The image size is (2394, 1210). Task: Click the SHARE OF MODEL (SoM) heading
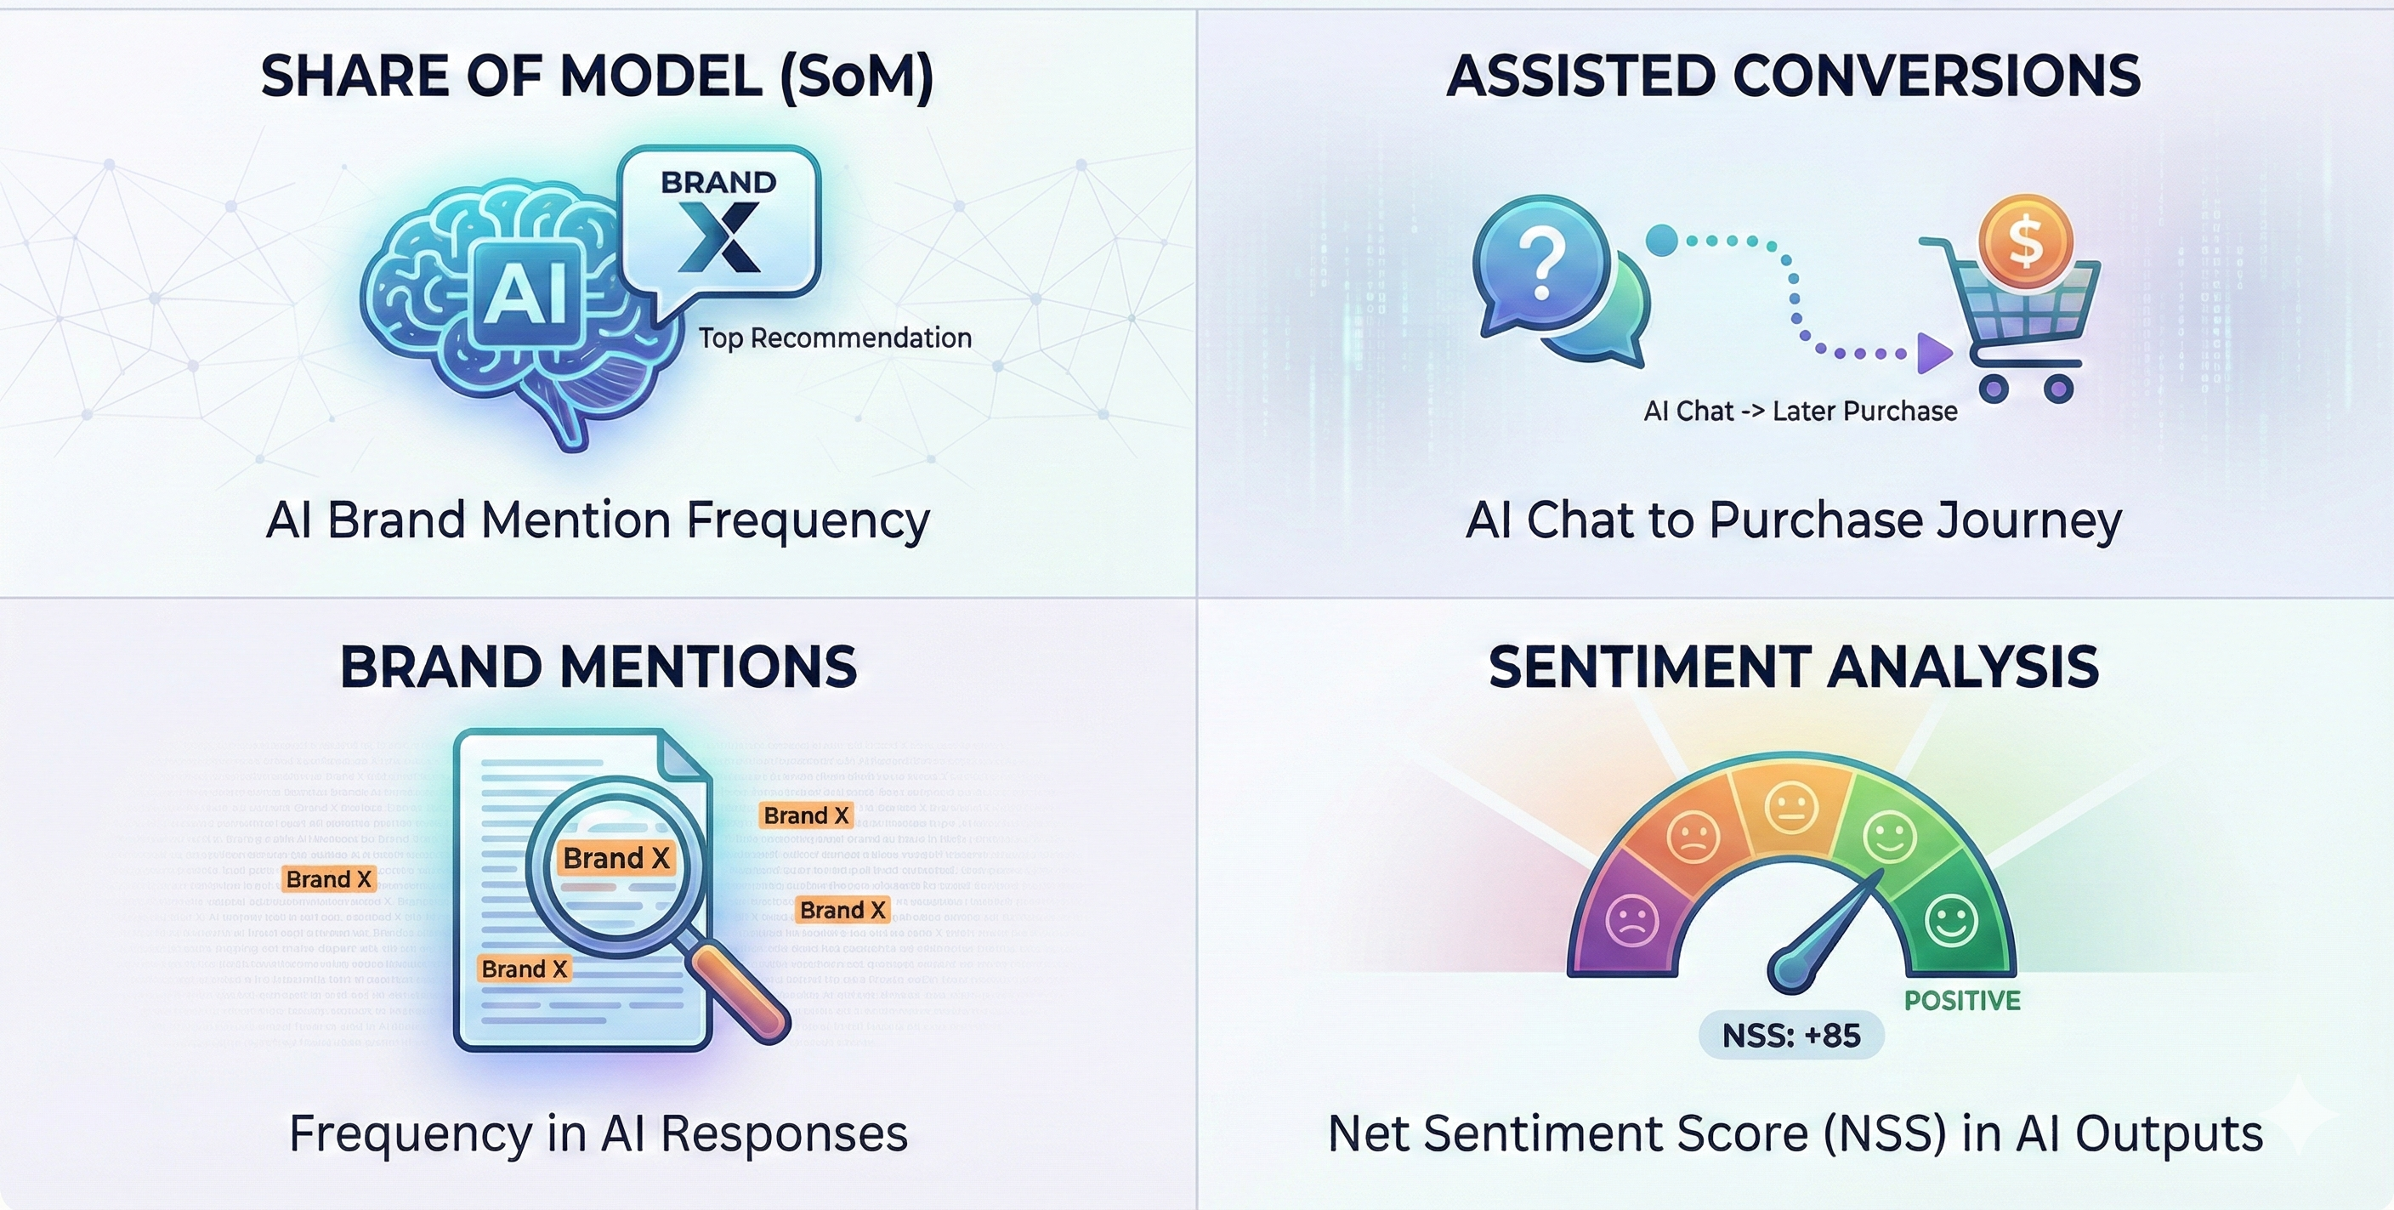point(597,77)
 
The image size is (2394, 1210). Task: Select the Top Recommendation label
point(835,338)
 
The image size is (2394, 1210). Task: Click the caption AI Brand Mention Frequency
point(597,520)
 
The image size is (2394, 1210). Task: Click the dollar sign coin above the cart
point(2025,240)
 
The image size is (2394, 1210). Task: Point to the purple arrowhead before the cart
point(1934,353)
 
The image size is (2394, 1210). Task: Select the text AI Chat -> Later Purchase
point(1800,411)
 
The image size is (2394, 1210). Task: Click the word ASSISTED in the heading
point(1580,77)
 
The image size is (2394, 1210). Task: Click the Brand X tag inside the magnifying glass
point(616,858)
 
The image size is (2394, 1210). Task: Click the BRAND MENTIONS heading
point(598,667)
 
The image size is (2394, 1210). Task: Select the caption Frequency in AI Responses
point(598,1133)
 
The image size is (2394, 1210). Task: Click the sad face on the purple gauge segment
point(1631,920)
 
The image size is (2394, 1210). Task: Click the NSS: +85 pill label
point(1791,1036)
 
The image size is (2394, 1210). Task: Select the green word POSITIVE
point(1962,1001)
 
